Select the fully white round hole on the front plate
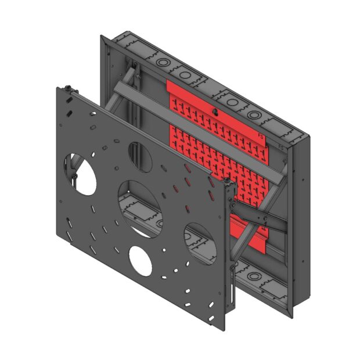point(141,261)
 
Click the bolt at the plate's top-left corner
point(69,88)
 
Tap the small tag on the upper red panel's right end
point(261,137)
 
